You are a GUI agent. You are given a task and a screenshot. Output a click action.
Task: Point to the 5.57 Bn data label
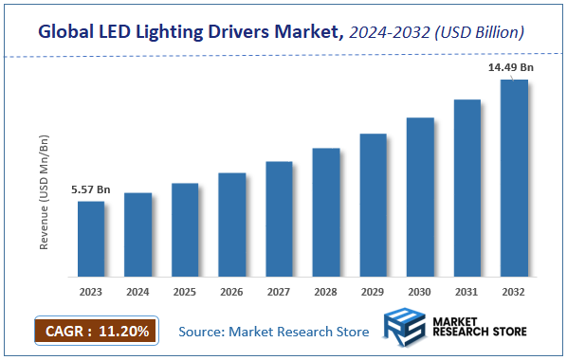91,190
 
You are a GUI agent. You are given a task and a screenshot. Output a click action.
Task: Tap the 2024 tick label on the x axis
138,293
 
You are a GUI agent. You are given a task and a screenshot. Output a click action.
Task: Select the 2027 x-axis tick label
279,293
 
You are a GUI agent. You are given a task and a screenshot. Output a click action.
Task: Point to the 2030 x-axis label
420,293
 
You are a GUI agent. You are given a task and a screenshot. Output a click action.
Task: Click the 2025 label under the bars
185,293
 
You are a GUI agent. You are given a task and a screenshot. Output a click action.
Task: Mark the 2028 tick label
326,293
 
